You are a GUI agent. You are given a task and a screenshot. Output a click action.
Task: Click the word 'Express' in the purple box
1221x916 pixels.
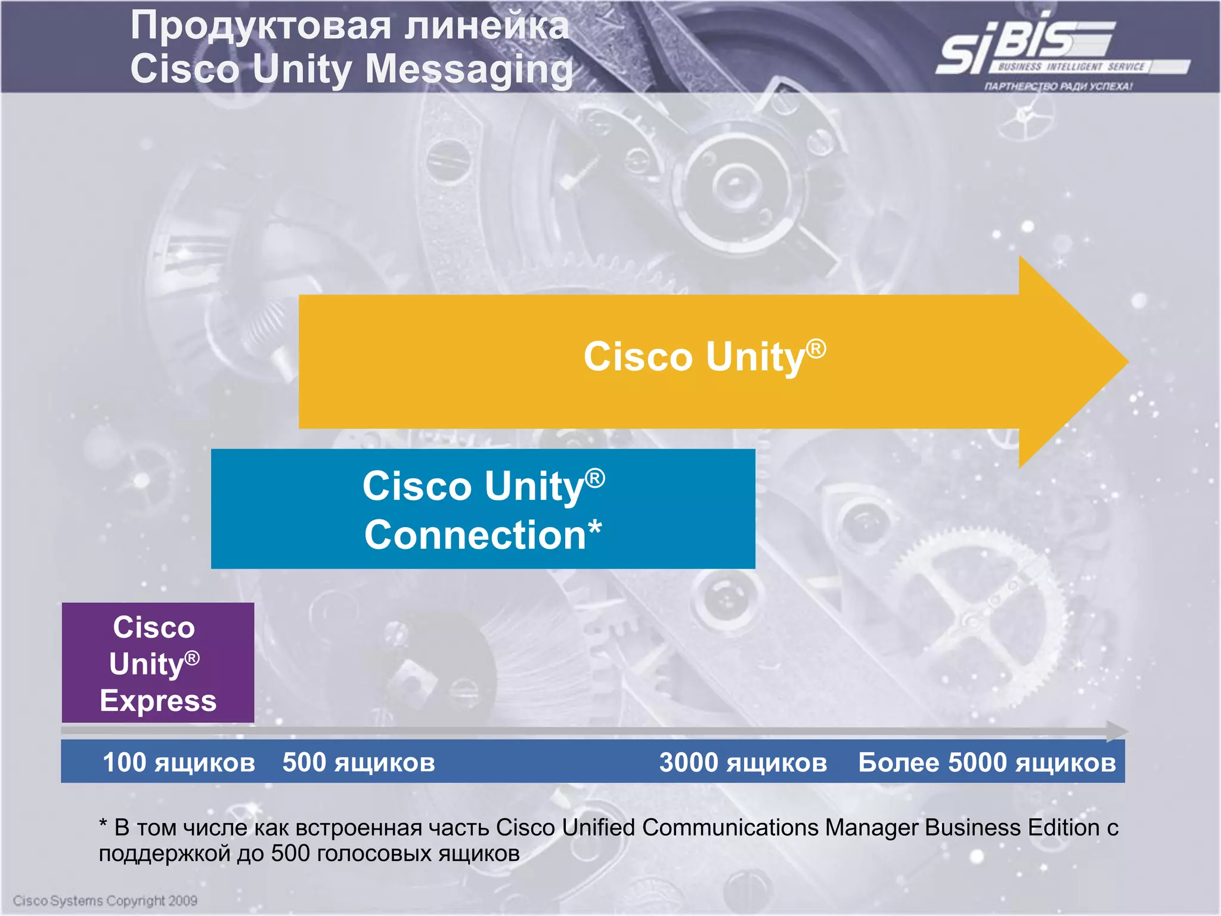tap(158, 701)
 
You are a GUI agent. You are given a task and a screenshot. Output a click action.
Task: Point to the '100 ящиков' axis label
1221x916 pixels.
tap(179, 763)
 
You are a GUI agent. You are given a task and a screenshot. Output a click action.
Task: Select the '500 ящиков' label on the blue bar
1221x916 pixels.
tap(359, 763)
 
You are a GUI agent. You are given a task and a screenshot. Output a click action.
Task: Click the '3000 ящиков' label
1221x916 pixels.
tap(743, 763)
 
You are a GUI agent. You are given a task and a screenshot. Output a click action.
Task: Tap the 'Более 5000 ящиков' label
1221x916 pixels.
tap(987, 763)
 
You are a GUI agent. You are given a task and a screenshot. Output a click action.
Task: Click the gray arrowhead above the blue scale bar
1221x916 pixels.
tap(1117, 731)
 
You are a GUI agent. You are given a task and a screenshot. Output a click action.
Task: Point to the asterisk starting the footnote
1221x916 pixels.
tap(103, 825)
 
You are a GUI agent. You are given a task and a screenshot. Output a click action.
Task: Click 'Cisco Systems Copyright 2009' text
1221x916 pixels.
tap(105, 900)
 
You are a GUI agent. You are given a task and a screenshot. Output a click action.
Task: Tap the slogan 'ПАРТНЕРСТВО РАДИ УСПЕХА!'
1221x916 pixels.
tap(1058, 86)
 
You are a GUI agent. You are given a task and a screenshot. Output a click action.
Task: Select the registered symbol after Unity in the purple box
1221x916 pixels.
tap(192, 658)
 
